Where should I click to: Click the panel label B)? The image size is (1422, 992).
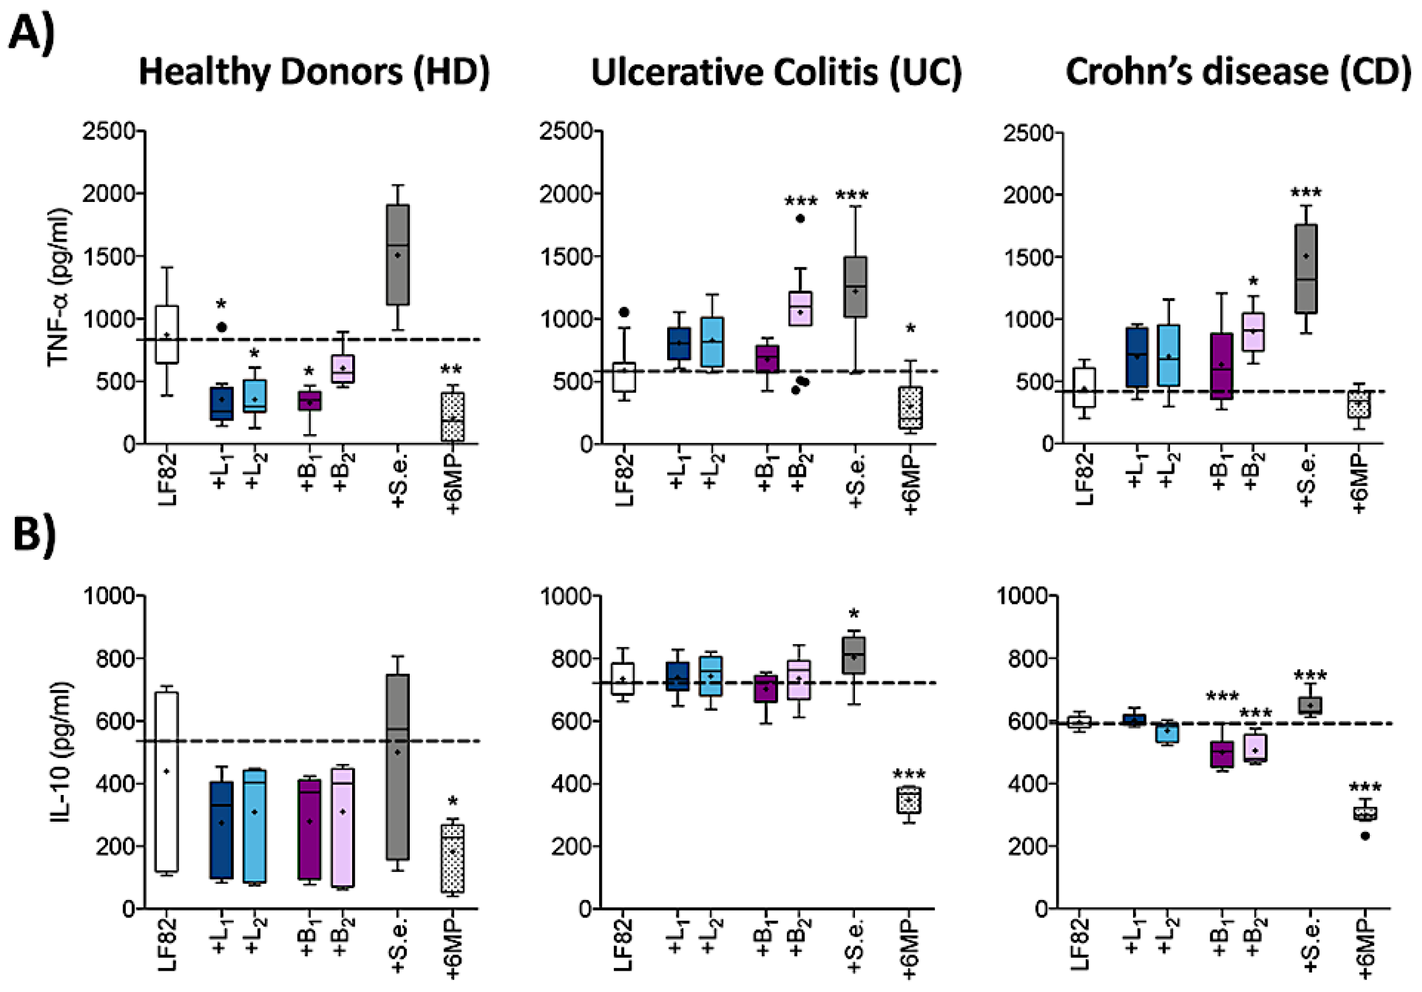(x=34, y=533)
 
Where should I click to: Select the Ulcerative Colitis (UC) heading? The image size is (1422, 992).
(x=776, y=72)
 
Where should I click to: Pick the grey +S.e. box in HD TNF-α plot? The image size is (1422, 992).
(x=398, y=254)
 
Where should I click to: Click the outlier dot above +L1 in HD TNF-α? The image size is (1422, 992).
(x=221, y=326)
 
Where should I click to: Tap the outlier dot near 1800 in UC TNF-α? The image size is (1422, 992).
(x=799, y=218)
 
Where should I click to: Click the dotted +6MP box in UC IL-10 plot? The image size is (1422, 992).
(x=909, y=800)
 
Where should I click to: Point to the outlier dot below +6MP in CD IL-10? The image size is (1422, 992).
(x=1365, y=836)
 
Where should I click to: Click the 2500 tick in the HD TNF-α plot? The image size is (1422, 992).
(x=108, y=131)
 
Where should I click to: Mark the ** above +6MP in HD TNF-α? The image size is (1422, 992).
(x=451, y=370)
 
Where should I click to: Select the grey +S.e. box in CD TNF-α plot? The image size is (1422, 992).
(x=1306, y=268)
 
